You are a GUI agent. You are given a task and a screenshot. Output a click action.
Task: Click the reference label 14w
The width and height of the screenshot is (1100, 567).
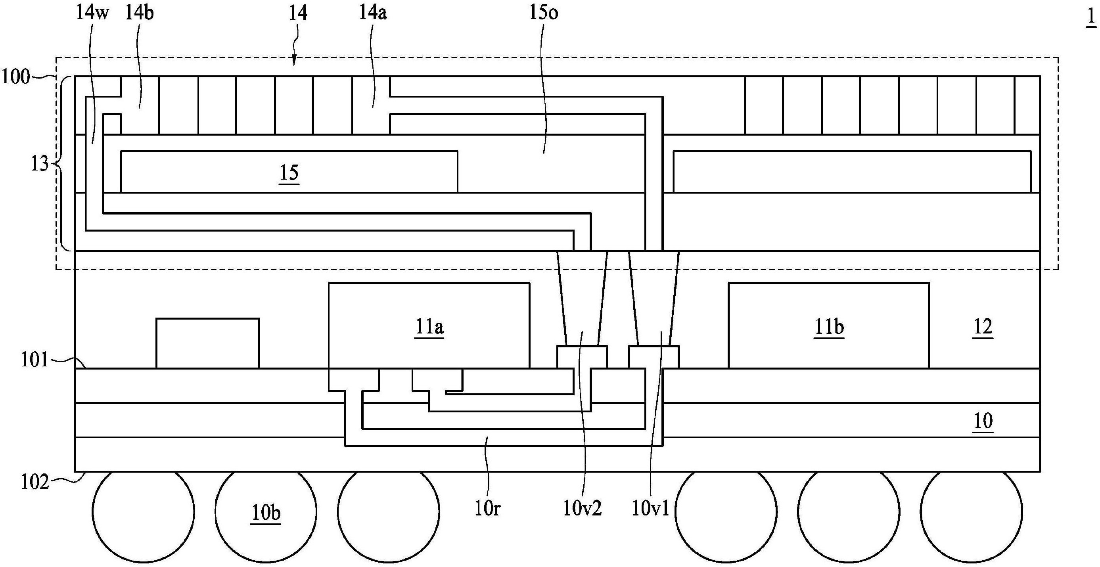pyautogui.click(x=93, y=13)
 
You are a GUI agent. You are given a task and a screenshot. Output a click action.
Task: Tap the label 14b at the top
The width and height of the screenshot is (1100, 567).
pyautogui.click(x=139, y=13)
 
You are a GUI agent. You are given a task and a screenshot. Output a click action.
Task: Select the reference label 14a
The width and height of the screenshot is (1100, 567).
pyautogui.click(x=372, y=13)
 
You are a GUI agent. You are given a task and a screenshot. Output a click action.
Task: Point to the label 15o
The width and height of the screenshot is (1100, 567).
pyautogui.click(x=544, y=13)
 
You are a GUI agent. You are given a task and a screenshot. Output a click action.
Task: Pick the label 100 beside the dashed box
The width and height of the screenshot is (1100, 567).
pyautogui.click(x=16, y=77)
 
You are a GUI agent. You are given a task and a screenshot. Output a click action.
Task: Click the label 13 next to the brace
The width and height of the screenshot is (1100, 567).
pyautogui.click(x=39, y=164)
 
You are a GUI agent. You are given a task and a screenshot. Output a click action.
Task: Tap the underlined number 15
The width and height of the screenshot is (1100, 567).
pyautogui.click(x=289, y=173)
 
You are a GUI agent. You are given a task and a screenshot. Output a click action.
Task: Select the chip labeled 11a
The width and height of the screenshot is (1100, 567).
pyautogui.click(x=429, y=327)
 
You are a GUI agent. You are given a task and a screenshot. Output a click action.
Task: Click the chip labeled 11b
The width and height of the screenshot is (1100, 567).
pyautogui.click(x=829, y=327)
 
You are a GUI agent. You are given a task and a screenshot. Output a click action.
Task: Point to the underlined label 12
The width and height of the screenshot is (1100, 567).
pyautogui.click(x=983, y=327)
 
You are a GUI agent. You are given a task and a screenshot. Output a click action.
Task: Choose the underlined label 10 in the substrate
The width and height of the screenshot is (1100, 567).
pyautogui.click(x=983, y=421)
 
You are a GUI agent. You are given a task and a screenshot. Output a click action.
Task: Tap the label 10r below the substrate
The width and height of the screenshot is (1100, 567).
pyautogui.click(x=487, y=509)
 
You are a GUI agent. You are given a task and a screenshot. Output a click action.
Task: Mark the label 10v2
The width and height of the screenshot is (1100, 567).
pyautogui.click(x=582, y=509)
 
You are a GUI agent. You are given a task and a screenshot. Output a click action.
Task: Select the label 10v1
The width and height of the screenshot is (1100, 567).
pyautogui.click(x=650, y=509)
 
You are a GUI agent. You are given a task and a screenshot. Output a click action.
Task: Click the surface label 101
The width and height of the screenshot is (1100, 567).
pyautogui.click(x=34, y=360)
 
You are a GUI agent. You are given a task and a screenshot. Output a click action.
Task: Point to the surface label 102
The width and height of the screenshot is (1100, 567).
pyautogui.click(x=34, y=483)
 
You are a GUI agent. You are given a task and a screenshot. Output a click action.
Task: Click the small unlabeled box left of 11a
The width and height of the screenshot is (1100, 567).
pyautogui.click(x=207, y=343)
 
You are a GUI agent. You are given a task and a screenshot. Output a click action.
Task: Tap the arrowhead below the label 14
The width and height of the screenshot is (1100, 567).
pyautogui.click(x=294, y=64)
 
